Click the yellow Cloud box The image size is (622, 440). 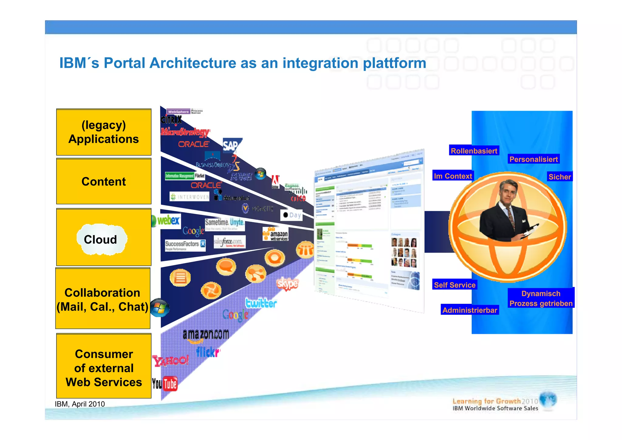click(x=104, y=237)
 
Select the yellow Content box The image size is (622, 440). click(x=104, y=181)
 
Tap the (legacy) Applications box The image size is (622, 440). click(x=104, y=132)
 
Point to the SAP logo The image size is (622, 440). click(x=231, y=145)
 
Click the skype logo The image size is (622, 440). click(x=287, y=284)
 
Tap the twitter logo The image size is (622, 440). click(x=261, y=303)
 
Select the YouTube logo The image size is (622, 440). click(x=165, y=384)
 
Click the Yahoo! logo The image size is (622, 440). click(x=170, y=361)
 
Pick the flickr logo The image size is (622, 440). click(x=207, y=352)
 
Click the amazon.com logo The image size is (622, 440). click(x=206, y=335)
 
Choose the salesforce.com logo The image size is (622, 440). click(x=229, y=242)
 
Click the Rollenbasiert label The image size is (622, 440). click(x=474, y=151)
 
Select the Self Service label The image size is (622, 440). click(x=454, y=285)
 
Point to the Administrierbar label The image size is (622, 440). click(x=470, y=310)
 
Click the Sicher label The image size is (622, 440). click(x=559, y=177)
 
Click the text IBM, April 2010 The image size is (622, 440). click(x=80, y=404)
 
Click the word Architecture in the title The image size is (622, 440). click(x=193, y=63)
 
